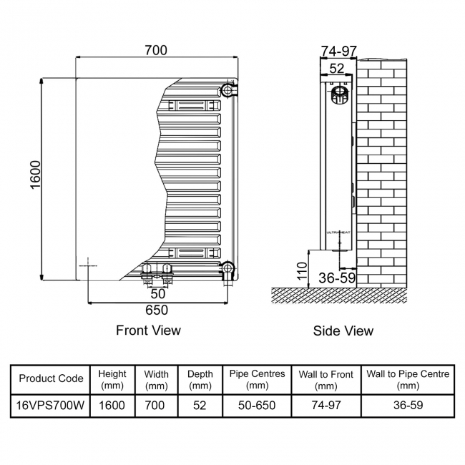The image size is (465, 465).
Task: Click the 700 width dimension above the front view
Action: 155,50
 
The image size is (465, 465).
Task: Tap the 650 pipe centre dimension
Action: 156,310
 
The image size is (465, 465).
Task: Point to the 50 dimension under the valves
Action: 158,293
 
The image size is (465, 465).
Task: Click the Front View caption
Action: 148,331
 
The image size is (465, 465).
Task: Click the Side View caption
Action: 343,331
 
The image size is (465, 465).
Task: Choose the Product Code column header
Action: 51,378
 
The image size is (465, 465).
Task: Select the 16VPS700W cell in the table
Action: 51,406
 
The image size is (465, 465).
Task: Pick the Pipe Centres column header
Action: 257,379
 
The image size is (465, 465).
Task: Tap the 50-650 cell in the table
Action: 257,406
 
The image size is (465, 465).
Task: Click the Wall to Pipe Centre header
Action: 408,379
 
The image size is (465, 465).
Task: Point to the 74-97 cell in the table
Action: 325,406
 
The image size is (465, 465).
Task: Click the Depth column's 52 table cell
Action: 200,406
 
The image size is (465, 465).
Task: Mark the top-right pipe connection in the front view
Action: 228,90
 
